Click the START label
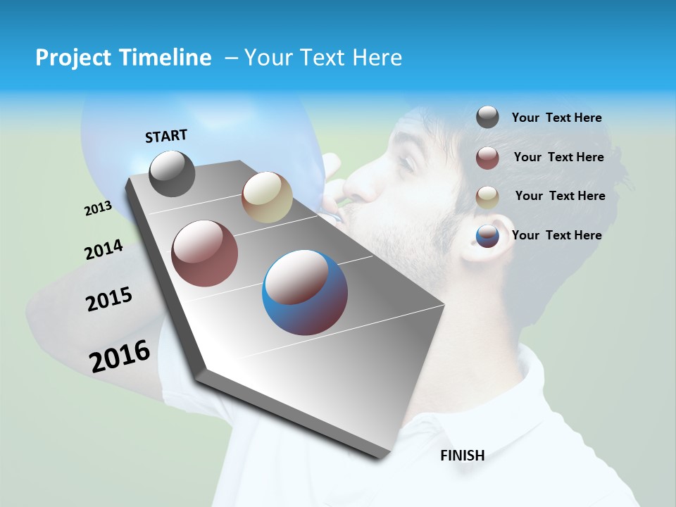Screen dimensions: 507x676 pyautogui.click(x=166, y=136)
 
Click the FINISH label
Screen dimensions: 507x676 pyautogui.click(x=462, y=456)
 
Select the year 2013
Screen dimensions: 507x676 pyautogui.click(x=98, y=208)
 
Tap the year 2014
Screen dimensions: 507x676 pyautogui.click(x=104, y=250)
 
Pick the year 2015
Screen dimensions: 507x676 pyautogui.click(x=108, y=300)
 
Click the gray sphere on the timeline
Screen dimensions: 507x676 pyautogui.click(x=172, y=173)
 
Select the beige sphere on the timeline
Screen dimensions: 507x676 pyautogui.click(x=267, y=197)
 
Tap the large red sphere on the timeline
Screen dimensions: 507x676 pyautogui.click(x=205, y=254)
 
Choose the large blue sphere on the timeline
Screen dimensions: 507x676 pyautogui.click(x=305, y=292)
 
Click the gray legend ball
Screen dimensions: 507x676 pyautogui.click(x=487, y=118)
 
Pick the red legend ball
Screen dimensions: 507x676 pyautogui.click(x=487, y=158)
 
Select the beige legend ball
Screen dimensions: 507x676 pyautogui.click(x=487, y=196)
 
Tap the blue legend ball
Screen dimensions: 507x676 pyautogui.click(x=487, y=236)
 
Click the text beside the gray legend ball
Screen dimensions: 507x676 pyautogui.click(x=556, y=118)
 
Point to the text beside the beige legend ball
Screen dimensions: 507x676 pyautogui.click(x=560, y=196)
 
